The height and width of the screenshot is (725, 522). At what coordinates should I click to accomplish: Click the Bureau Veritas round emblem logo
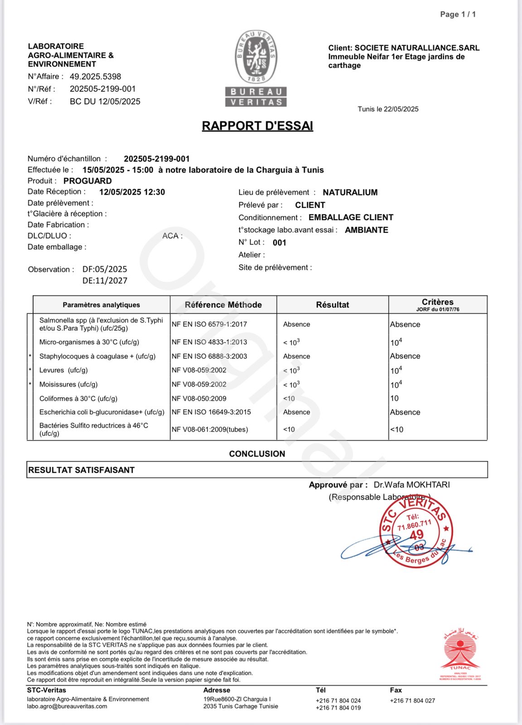256,57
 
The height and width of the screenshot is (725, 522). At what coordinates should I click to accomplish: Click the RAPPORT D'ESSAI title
257,126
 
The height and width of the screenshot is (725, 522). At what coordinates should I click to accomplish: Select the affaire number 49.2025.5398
95,77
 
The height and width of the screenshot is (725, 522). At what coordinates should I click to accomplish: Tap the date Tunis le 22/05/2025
388,109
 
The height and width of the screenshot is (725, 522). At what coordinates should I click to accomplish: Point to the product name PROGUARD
87,181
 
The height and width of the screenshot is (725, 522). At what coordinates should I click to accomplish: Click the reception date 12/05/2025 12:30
132,192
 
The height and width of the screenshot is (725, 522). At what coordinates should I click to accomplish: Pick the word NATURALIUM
350,193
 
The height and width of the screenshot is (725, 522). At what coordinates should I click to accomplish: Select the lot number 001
280,242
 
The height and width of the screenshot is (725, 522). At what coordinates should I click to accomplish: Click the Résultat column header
333,305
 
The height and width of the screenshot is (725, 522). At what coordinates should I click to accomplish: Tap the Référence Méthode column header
223,305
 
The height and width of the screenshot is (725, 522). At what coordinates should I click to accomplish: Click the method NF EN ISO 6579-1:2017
209,324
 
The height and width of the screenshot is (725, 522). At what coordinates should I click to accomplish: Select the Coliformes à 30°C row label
78,399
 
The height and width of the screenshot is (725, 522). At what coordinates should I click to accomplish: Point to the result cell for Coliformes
289,399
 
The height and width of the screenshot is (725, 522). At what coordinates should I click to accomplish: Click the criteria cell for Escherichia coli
405,412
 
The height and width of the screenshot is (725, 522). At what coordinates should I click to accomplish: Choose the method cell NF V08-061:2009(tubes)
210,430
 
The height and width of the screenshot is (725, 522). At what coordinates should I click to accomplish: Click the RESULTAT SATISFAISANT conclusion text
82,470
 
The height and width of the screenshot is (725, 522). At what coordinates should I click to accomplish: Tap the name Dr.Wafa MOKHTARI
411,485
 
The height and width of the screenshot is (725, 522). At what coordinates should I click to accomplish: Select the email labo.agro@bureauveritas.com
67,706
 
